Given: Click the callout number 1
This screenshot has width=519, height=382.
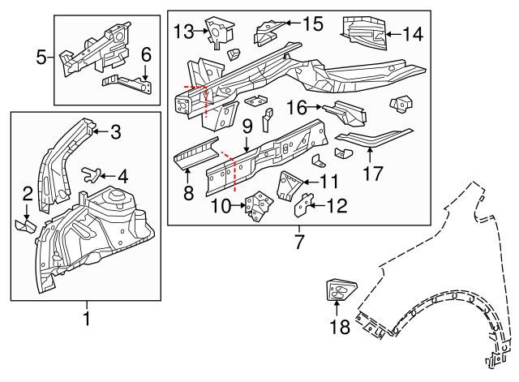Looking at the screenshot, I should point(86,320).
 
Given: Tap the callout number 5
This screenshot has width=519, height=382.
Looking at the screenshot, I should point(42,57).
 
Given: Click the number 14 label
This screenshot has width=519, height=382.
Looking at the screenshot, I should point(413,34).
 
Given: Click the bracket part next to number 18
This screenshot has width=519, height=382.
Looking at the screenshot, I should point(339,288).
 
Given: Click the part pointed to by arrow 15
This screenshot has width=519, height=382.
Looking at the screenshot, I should point(268,32).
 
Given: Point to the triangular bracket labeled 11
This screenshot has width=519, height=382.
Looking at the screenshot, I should point(290,184).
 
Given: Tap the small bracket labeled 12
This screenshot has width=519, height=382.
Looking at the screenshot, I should point(302,205).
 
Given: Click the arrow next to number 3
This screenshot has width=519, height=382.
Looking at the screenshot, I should point(99,129).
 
